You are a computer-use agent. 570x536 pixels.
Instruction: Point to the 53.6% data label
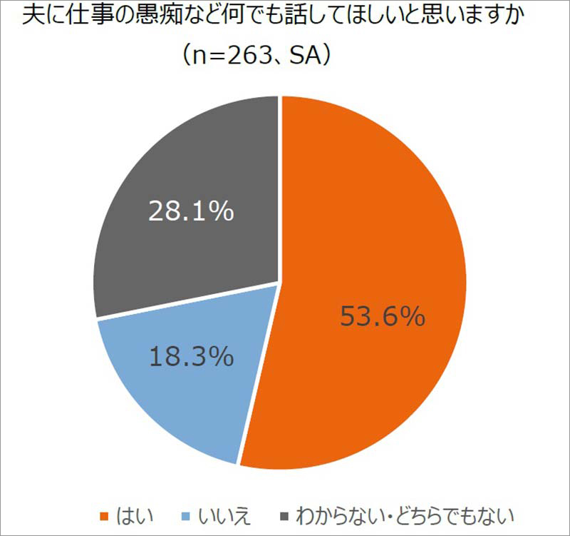pyautogui.click(x=382, y=315)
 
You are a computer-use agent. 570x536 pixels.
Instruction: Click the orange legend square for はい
pyautogui.click(x=105, y=514)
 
